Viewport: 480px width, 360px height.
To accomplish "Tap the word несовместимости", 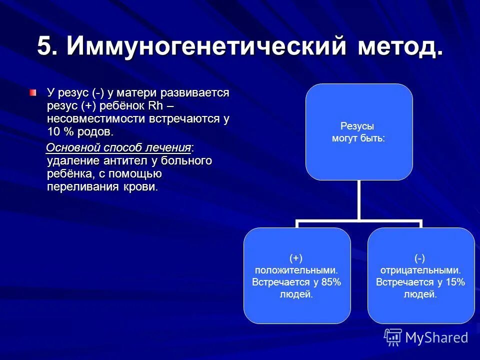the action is pyautogui.click(x=95, y=119).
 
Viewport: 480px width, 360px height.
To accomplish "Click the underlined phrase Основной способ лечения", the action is pyautogui.click(x=119, y=148).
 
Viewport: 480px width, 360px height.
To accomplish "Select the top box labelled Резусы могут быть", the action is pyautogui.click(x=359, y=132).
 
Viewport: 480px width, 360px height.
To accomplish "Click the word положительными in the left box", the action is pyautogui.click(x=296, y=270).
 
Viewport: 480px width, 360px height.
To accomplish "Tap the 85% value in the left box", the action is pyautogui.click(x=329, y=282).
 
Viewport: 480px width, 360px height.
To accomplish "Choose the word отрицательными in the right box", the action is pyautogui.click(x=420, y=270).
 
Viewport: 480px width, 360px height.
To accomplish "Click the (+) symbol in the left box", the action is pyautogui.click(x=296, y=257).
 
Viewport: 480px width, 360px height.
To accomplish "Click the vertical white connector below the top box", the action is pyautogui.click(x=359, y=200).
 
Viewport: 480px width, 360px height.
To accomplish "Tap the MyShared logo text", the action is pyautogui.click(x=436, y=337).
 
